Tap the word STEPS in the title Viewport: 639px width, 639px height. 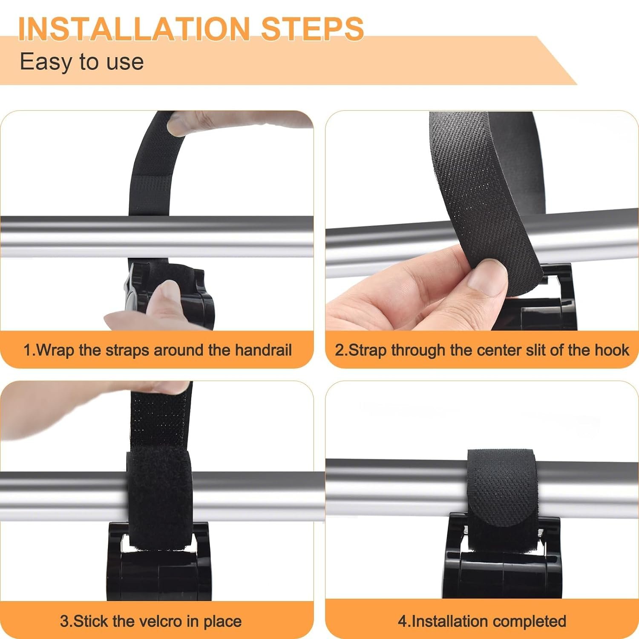pyautogui.click(x=313, y=29)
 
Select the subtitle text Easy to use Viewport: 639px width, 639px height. pyautogui.click(x=82, y=62)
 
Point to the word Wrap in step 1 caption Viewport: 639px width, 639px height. pyautogui.click(x=56, y=350)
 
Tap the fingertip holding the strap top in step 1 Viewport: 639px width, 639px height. pyautogui.click(x=183, y=124)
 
